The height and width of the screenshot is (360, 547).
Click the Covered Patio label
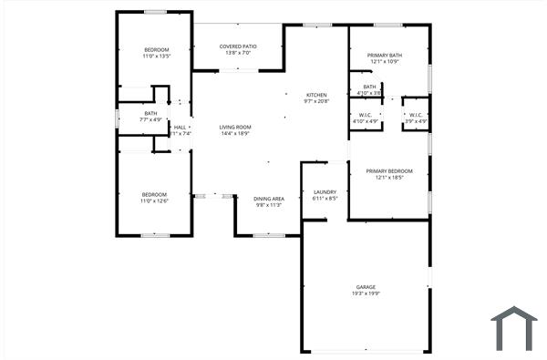click(x=238, y=46)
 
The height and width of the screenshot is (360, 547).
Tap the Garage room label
click(x=365, y=287)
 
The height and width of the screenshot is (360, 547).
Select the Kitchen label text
click(x=316, y=95)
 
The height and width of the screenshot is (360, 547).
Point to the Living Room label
click(x=235, y=127)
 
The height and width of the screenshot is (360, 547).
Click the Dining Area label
click(x=268, y=199)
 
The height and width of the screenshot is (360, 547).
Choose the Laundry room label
click(x=325, y=191)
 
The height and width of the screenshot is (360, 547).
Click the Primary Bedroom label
click(x=389, y=171)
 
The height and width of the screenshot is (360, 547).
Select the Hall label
click(x=181, y=127)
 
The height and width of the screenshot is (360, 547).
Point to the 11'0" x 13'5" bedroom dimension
click(x=157, y=56)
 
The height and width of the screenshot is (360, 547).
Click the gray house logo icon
click(x=514, y=327)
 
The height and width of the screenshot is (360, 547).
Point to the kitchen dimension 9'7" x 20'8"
click(x=316, y=101)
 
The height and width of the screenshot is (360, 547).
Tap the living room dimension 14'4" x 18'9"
click(x=235, y=134)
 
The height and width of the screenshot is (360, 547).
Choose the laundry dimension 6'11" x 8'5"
click(x=325, y=198)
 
